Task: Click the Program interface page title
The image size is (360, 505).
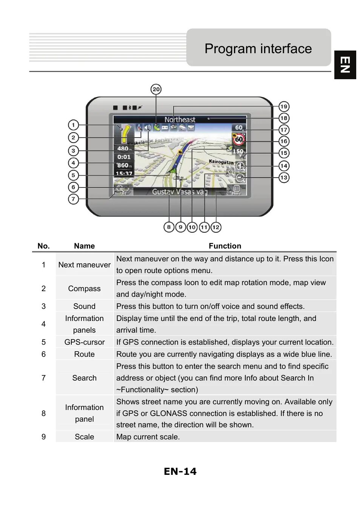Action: coord(258,49)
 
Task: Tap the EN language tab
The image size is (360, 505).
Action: coord(345,65)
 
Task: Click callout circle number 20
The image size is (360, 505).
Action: coord(156,89)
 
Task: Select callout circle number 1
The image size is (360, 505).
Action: coord(73,125)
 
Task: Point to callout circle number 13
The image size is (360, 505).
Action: coord(283,177)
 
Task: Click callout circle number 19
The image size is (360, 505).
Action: coord(283,106)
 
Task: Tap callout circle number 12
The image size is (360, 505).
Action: coord(215,227)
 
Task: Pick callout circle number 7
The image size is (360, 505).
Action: coord(73,199)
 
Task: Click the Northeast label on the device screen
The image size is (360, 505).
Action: coord(180,120)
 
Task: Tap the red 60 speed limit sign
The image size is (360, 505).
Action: coord(238,139)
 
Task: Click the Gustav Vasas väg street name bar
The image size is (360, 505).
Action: coord(180,192)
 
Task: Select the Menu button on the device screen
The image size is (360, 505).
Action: coord(236,190)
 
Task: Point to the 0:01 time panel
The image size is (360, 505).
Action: coord(123,157)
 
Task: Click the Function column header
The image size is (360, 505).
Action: coord(225,246)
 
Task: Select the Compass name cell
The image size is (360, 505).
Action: coord(84,289)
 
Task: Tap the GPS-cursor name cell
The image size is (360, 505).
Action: coord(84,342)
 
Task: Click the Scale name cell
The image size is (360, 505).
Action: coord(84,437)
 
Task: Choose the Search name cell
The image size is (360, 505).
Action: coord(84,378)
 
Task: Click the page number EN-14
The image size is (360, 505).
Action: coord(180,471)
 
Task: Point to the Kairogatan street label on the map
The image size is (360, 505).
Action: coord(221,162)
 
